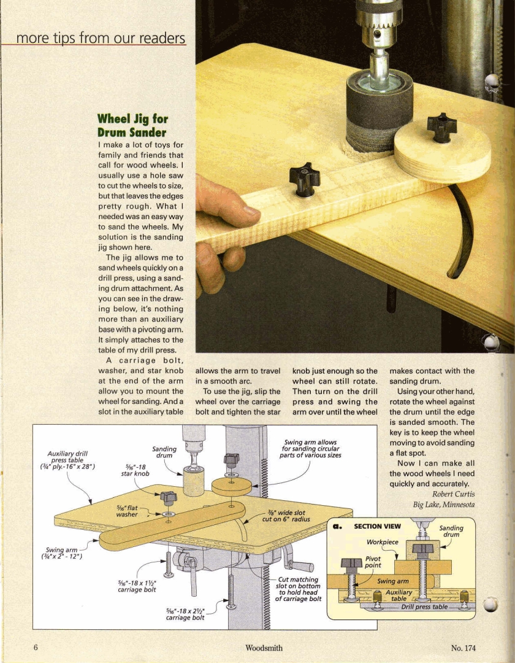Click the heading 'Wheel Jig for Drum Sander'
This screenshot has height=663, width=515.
pyautogui.click(x=132, y=125)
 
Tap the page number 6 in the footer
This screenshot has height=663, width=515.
pyautogui.click(x=36, y=648)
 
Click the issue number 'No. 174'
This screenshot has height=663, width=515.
pyautogui.click(x=463, y=648)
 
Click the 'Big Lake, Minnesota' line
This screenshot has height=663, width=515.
pyautogui.click(x=444, y=505)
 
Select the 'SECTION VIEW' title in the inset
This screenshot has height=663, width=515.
pyautogui.click(x=377, y=526)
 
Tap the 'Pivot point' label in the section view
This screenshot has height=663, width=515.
pyautogui.click(x=373, y=562)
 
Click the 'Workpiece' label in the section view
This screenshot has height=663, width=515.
pyautogui.click(x=383, y=542)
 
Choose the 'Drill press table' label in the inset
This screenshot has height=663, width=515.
pyautogui.click(x=424, y=607)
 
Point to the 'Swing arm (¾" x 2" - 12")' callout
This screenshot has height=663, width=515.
pyautogui.click(x=59, y=553)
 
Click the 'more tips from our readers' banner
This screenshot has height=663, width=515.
pyautogui.click(x=101, y=38)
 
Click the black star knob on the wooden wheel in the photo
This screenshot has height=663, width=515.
pyautogui.click(x=442, y=126)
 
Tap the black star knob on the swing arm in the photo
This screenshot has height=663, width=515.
pyautogui.click(x=305, y=177)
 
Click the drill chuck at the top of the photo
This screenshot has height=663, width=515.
pyautogui.click(x=378, y=25)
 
